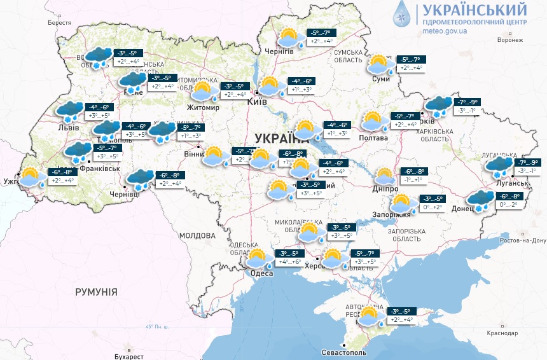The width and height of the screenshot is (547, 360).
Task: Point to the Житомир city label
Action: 203,108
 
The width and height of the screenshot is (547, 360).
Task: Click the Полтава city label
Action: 373,138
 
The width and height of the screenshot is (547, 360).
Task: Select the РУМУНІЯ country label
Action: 96,292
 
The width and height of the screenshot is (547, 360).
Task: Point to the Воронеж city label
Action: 510,39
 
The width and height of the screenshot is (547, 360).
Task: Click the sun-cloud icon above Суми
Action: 379,65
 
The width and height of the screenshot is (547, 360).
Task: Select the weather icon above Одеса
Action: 257,259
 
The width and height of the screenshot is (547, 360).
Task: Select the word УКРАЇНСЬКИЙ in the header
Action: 471,10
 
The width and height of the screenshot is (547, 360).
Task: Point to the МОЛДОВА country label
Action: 197,235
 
